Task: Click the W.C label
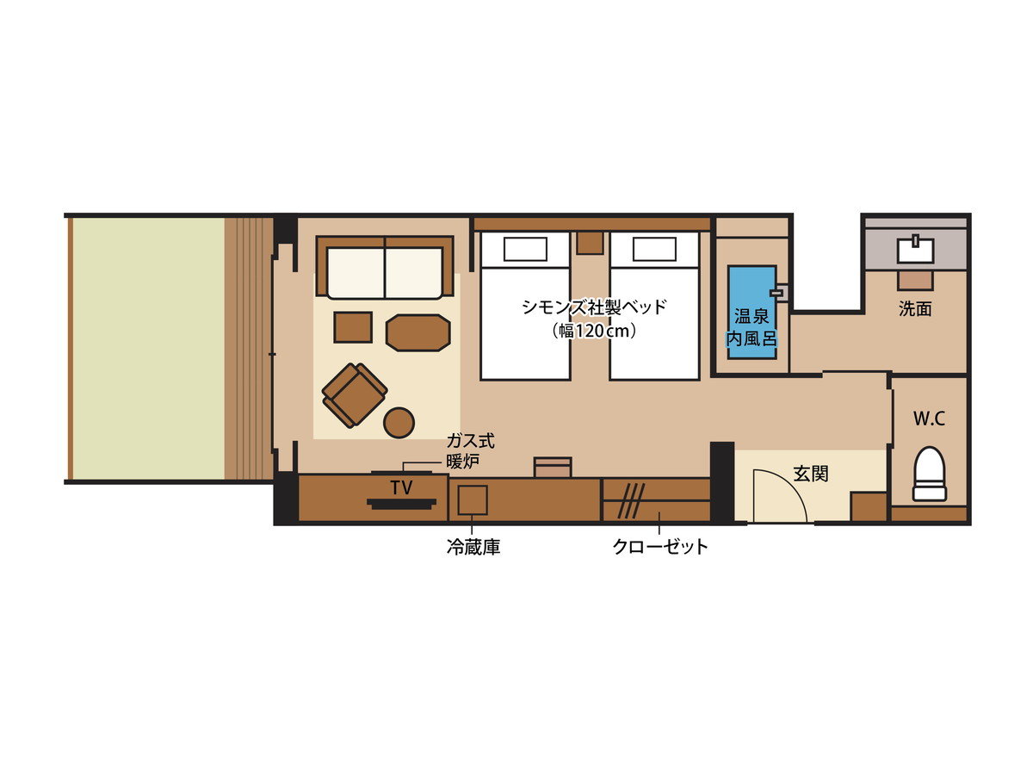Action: (929, 418)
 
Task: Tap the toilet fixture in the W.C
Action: (929, 473)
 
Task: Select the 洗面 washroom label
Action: (915, 309)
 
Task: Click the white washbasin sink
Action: (915, 250)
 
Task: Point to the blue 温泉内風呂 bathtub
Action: (752, 313)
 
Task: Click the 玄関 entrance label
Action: (810, 474)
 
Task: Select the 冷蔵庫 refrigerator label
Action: (473, 548)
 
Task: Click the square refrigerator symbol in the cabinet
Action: (473, 499)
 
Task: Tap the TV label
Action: (401, 488)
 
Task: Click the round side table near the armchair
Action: (399, 423)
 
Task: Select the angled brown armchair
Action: (355, 395)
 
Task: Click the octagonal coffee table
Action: (418, 332)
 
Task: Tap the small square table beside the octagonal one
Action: (353, 327)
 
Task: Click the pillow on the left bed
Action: (525, 249)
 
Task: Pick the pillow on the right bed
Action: (654, 249)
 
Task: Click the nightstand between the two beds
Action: (591, 243)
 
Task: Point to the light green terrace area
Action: (148, 348)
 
